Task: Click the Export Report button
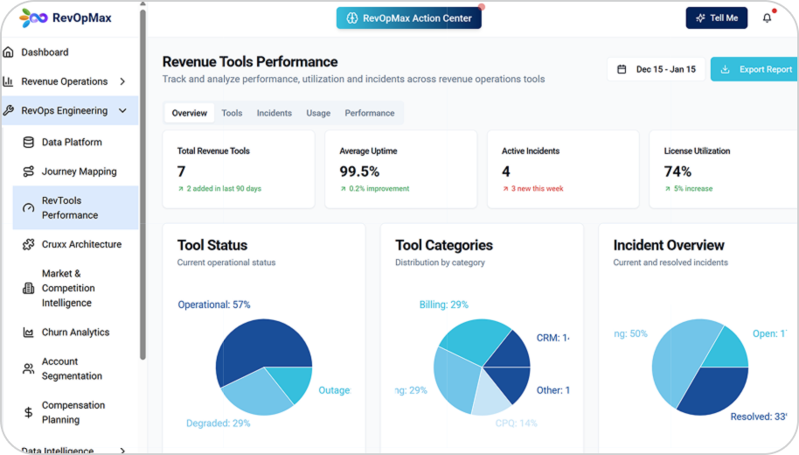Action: point(756,69)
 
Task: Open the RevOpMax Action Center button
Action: point(408,18)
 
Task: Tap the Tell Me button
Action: point(716,18)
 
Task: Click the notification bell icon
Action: point(767,18)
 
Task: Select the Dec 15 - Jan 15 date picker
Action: point(657,69)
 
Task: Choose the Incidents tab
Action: point(274,113)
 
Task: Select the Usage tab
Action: point(318,113)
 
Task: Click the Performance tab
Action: point(369,113)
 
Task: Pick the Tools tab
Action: point(232,113)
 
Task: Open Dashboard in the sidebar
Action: point(45,52)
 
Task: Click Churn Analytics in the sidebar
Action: point(75,332)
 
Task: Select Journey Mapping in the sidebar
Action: point(79,171)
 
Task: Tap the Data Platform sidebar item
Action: point(72,143)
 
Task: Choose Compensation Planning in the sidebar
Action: point(73,413)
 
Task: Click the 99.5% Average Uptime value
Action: point(359,171)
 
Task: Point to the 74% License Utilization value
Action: point(677,171)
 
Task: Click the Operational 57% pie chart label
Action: point(214,304)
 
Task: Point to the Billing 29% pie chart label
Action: point(443,304)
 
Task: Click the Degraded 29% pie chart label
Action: point(218,423)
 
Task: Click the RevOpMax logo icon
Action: point(33,17)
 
